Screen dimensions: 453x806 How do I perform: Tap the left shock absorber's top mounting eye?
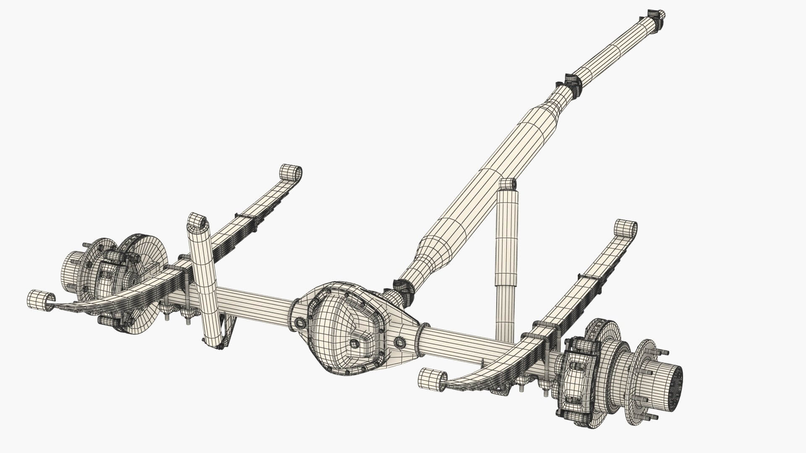click(x=196, y=221)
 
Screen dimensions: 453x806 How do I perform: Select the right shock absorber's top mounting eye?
click(x=508, y=184)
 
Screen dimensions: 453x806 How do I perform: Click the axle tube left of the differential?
click(x=252, y=300)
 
